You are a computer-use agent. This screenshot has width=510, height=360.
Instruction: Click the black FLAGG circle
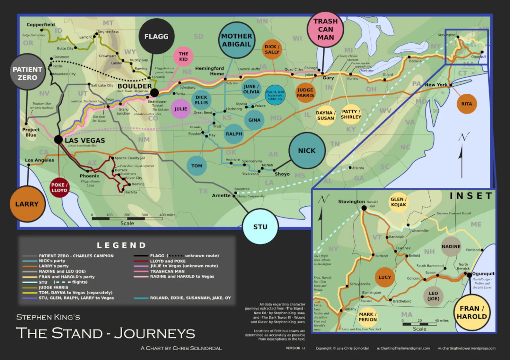[156, 36]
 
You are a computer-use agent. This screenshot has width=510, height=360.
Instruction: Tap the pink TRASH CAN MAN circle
[325, 29]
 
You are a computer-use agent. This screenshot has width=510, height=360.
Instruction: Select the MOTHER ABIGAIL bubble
[236, 40]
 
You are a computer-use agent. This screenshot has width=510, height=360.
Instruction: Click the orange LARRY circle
[27, 204]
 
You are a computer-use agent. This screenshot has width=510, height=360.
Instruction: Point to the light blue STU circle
[260, 227]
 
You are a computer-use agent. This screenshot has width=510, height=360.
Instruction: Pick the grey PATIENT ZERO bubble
[27, 73]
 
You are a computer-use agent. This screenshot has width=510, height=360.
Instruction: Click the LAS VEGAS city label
[85, 141]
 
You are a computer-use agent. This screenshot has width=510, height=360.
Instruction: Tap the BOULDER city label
[135, 86]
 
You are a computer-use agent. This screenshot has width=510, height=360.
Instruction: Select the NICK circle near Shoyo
[307, 150]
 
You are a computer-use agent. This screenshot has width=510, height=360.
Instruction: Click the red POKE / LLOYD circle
[59, 188]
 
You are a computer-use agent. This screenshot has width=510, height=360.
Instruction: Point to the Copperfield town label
[41, 25]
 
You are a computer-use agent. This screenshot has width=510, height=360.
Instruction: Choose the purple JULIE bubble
[180, 109]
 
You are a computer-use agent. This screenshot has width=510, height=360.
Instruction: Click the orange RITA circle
[466, 104]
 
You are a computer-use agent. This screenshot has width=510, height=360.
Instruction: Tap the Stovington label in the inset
[351, 201]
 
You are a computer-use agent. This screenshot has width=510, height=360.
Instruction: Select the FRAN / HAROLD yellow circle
[472, 313]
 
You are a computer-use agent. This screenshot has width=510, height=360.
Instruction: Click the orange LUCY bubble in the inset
[384, 277]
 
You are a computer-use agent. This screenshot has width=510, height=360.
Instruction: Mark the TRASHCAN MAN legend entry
[167, 271]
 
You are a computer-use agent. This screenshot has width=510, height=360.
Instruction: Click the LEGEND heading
[122, 245]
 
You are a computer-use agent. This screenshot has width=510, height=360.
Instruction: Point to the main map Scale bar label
[127, 223]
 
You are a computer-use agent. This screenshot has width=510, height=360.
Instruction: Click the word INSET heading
[471, 196]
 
